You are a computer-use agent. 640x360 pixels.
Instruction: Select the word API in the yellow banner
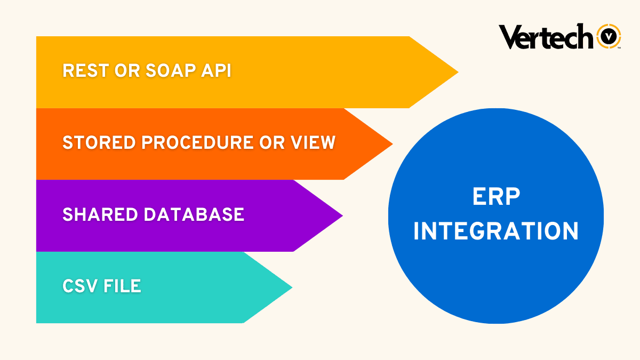point(218,71)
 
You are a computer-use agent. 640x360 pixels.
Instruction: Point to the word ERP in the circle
point(496,198)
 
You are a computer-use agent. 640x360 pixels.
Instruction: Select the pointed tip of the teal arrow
point(291,287)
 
